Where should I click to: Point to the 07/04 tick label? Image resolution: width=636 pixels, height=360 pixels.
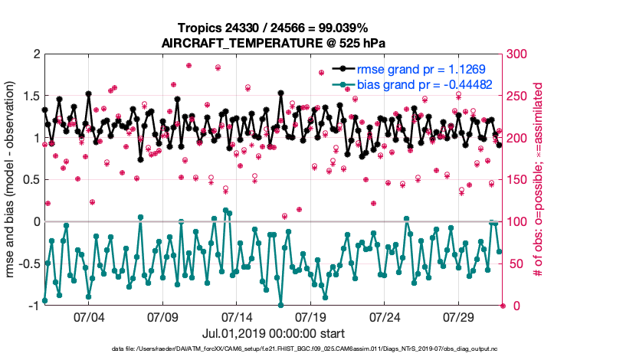[x=89, y=317]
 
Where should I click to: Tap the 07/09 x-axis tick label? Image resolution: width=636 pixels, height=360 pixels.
[x=163, y=317]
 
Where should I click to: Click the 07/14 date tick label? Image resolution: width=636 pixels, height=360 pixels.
[x=238, y=317]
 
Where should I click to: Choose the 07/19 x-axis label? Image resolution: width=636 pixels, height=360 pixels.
[x=311, y=317]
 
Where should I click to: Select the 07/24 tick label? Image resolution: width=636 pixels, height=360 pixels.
[x=385, y=317]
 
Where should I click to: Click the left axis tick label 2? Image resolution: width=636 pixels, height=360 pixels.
[x=34, y=54]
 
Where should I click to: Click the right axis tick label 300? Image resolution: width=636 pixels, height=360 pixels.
[x=519, y=54]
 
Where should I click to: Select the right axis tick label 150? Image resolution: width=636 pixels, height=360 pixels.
[x=519, y=180]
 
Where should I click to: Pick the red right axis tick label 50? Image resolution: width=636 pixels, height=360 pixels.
[x=516, y=264]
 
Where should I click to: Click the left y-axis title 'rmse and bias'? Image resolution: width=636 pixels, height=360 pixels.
[x=12, y=180]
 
